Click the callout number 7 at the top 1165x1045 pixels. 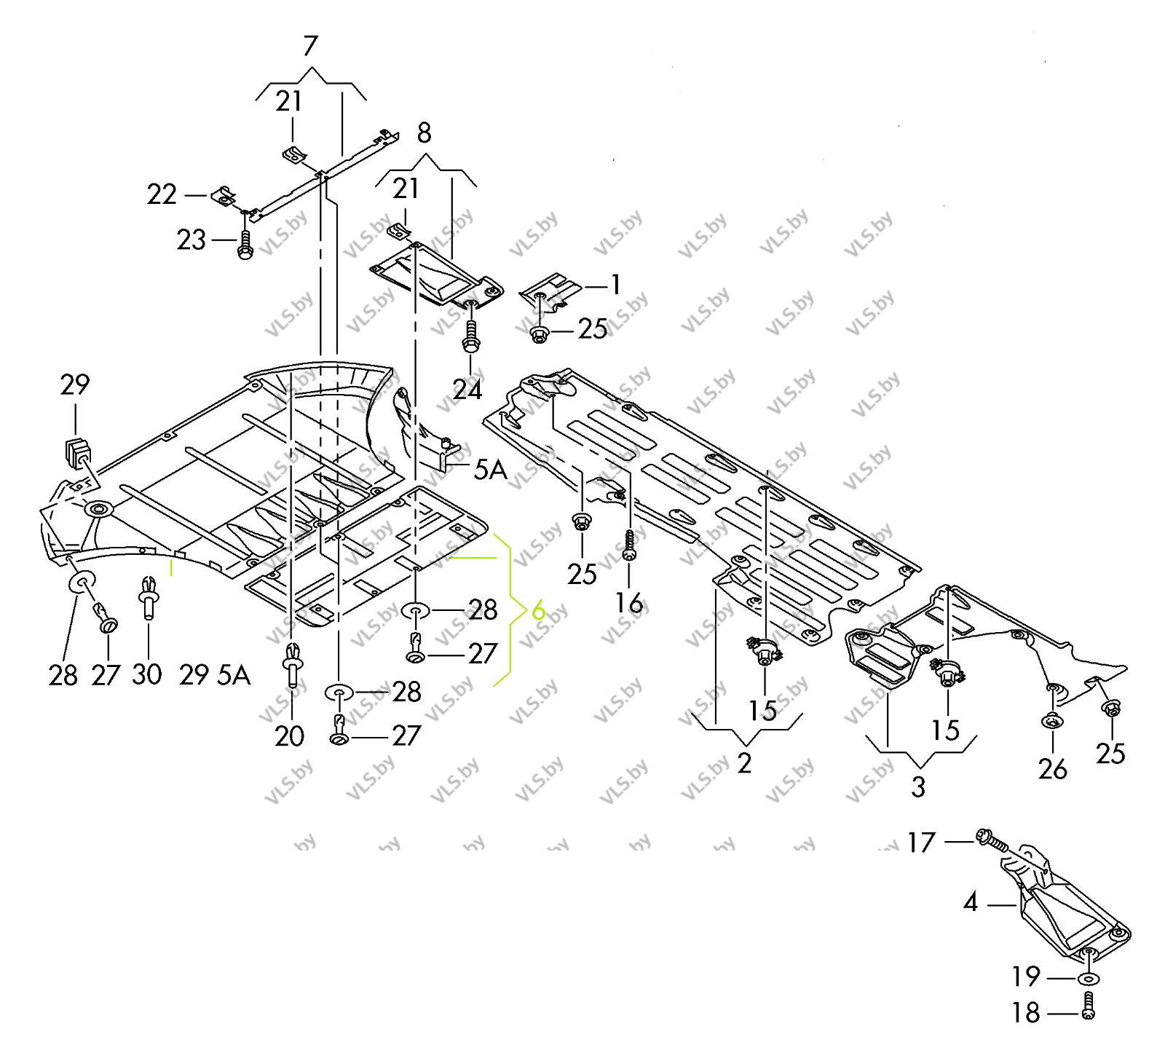coord(311,46)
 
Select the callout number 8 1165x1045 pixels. coord(424,133)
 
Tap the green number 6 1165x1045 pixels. coord(538,610)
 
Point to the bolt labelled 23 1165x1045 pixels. coord(245,245)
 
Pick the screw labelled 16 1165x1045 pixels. coord(630,545)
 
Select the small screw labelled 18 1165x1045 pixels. coord(1089,1006)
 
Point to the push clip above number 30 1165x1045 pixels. coord(149,596)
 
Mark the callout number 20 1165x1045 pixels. coord(289,736)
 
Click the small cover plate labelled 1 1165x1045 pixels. coord(550,291)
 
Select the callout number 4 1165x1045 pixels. coord(971,903)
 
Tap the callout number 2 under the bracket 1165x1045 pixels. coord(744,762)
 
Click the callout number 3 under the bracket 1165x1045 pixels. coord(919,786)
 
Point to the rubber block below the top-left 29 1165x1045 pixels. coord(76,451)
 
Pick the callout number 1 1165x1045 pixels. coord(616,285)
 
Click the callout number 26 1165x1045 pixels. coord(1052,769)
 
